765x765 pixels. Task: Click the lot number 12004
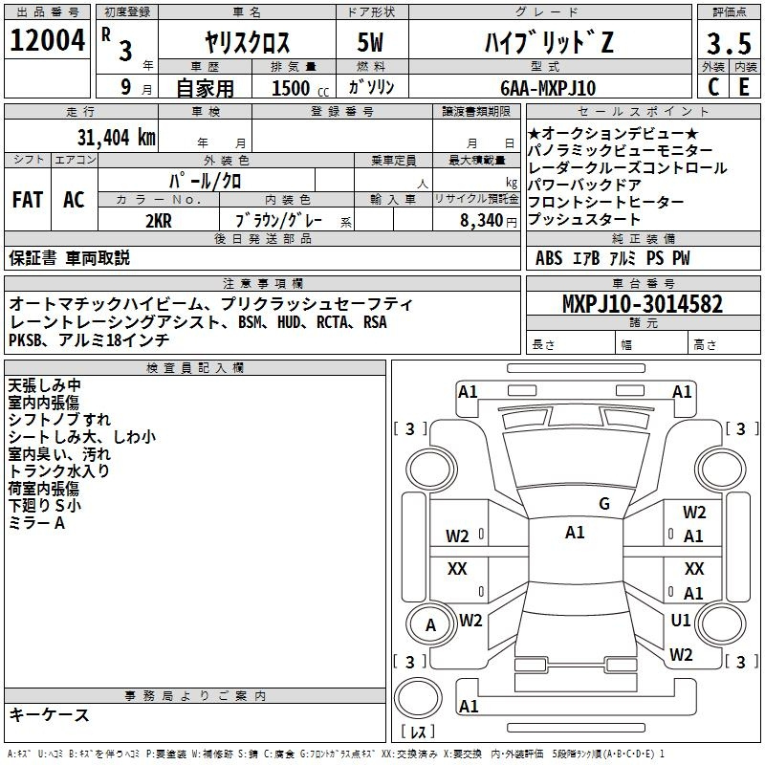[47, 39]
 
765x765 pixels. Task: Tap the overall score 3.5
[729, 43]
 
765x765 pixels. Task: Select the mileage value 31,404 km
[116, 137]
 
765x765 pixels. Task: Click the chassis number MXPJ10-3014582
[642, 303]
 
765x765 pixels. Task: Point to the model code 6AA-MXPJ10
[548, 88]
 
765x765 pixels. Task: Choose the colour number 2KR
[159, 221]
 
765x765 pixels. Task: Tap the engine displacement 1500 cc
[300, 88]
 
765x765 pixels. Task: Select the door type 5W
[370, 42]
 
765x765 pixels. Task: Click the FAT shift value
[28, 200]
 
